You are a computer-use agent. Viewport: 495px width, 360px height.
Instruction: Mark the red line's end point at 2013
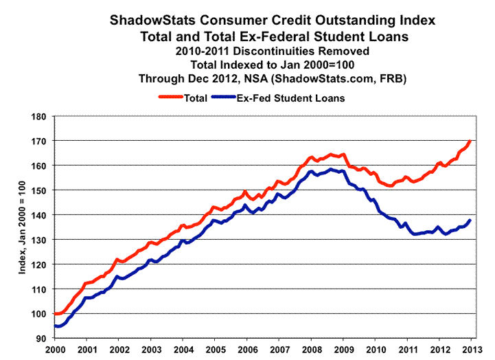tap(470, 141)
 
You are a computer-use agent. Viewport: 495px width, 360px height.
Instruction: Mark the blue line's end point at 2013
tap(470, 220)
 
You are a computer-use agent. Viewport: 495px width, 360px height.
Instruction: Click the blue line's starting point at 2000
tap(55, 326)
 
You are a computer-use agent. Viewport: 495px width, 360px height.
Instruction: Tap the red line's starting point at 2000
tap(55, 314)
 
